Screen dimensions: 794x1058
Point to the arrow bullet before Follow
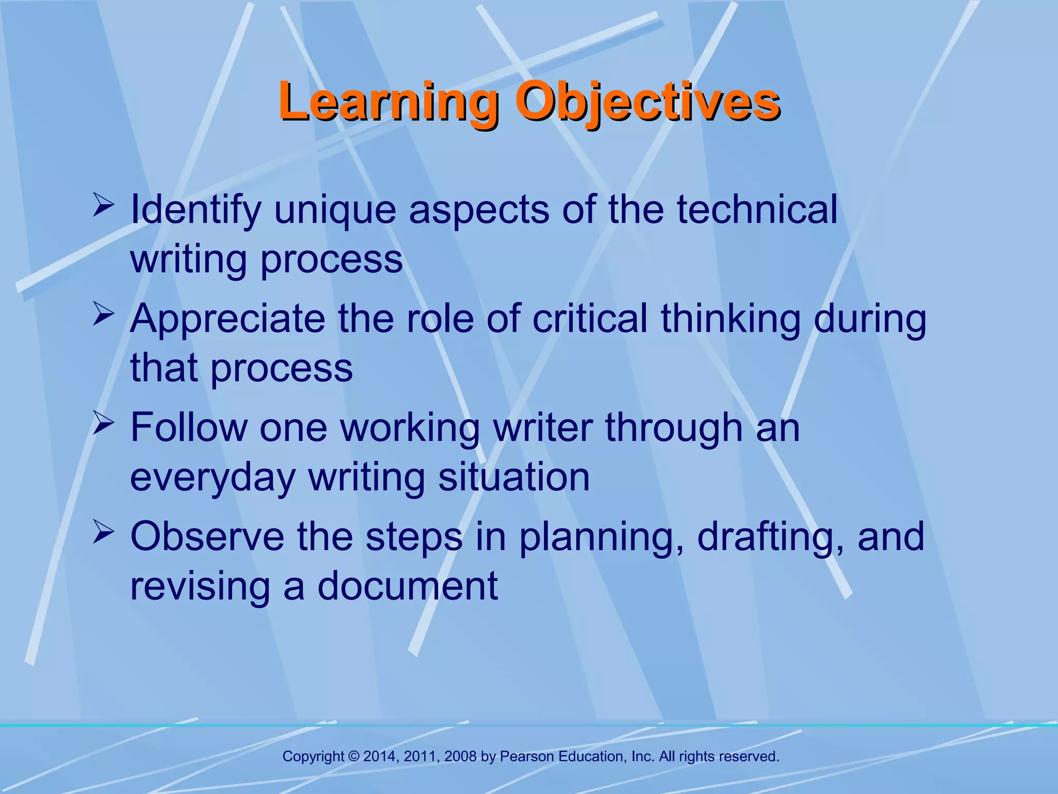[x=103, y=423]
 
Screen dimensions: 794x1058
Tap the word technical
[x=757, y=209]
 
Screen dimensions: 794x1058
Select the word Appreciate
[x=227, y=318]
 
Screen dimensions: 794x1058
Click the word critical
[x=590, y=318]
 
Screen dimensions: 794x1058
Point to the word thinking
[x=730, y=318]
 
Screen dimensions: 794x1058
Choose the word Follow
[x=189, y=427]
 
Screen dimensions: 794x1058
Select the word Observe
[x=207, y=537]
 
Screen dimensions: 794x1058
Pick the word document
[x=407, y=586]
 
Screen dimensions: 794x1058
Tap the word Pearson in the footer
[x=527, y=756]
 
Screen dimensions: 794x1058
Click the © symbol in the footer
[x=354, y=756]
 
